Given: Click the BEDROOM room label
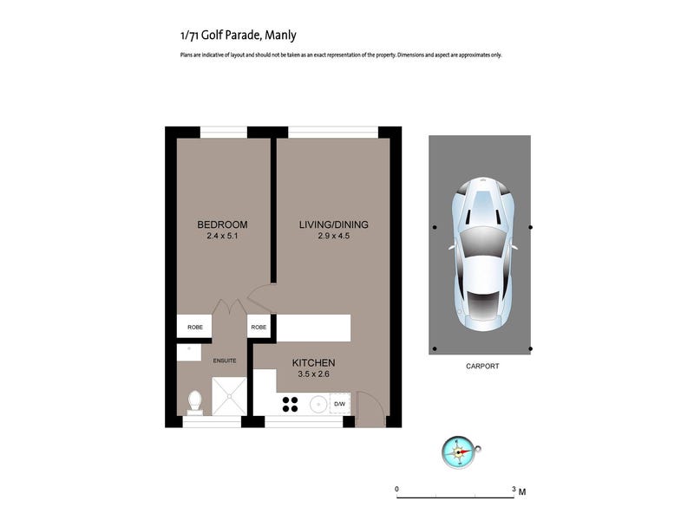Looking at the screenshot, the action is tap(222, 224).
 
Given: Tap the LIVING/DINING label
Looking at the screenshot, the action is tap(334, 224).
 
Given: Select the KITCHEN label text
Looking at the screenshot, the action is tap(313, 363).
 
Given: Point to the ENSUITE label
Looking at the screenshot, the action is tap(225, 361).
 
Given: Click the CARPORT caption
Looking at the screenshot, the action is tap(482, 366).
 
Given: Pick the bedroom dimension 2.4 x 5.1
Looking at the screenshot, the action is tap(222, 236).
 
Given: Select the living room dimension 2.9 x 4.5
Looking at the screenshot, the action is tap(334, 236).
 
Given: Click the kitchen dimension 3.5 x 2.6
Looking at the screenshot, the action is tap(313, 374).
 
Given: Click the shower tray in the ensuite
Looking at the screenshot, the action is tap(229, 397).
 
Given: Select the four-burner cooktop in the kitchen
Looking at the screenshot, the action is tap(291, 404).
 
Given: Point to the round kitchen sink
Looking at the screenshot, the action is tap(318, 404).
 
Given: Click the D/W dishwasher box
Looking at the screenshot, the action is tap(340, 404).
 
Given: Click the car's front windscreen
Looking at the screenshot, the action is tap(482, 241).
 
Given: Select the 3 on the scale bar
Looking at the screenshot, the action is tap(514, 489).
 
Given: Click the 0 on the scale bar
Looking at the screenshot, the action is tap(397, 489).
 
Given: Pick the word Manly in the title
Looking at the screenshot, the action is tap(280, 36).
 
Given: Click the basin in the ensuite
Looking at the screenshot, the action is tap(189, 353).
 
